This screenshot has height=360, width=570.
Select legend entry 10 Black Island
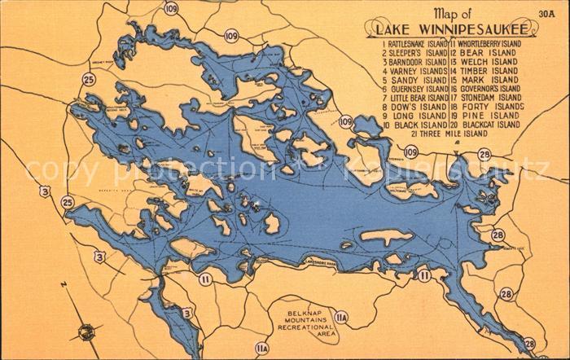pos(414,125)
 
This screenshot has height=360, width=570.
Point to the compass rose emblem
pos(84,331)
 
